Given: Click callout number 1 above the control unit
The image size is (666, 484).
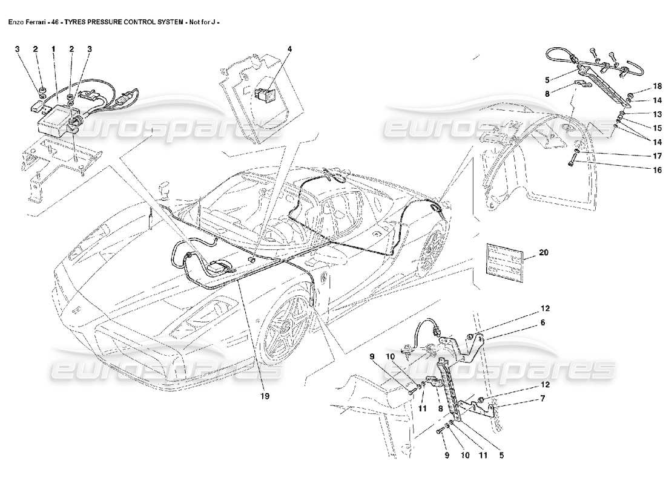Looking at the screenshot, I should pos(53,48).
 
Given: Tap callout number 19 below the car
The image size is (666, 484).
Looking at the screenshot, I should pos(265,397).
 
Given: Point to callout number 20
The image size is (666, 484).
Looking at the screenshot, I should pos(543,253).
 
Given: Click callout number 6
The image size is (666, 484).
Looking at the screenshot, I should pos(543,323).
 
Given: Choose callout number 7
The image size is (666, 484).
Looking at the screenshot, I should pos(543,398).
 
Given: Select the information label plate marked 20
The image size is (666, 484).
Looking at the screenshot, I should pos(504,261).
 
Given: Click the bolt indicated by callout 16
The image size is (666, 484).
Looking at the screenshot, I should pos(573,161).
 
